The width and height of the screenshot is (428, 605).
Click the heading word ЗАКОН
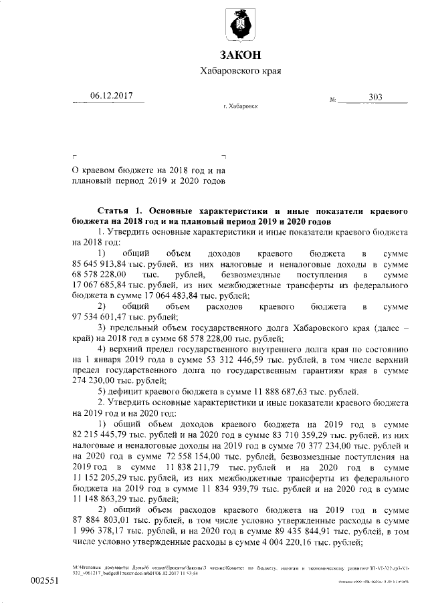point(239,54)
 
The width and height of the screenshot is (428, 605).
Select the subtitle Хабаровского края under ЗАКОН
point(239,71)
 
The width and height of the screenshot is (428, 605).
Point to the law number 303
point(375,98)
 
